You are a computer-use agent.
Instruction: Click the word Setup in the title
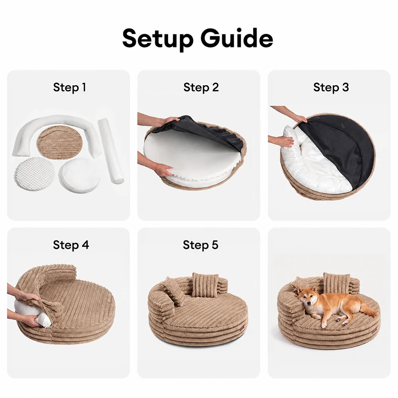click(x=158, y=39)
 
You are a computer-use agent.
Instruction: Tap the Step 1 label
click(x=70, y=88)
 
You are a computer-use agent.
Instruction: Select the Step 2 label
click(x=201, y=88)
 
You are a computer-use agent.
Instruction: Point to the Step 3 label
click(x=331, y=88)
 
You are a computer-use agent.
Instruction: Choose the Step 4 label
click(x=71, y=245)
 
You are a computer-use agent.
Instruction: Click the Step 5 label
click(x=201, y=245)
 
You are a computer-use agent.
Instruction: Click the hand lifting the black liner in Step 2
click(x=171, y=121)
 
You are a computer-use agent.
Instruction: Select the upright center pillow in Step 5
click(x=205, y=285)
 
